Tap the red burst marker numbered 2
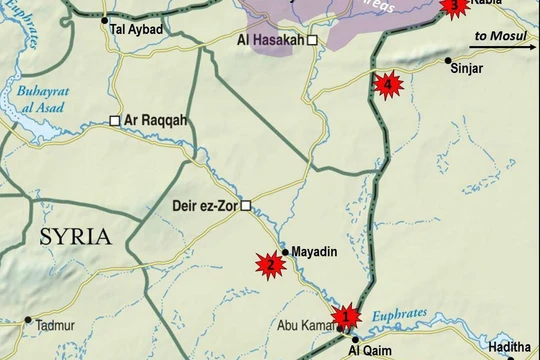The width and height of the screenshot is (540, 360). (268, 264)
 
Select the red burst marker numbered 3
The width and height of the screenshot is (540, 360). (455, 7)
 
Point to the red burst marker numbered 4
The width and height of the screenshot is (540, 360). (388, 85)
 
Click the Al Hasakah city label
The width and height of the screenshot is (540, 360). (270, 40)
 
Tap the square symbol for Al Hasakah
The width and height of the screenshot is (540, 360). (312, 40)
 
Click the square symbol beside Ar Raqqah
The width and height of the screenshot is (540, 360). (114, 121)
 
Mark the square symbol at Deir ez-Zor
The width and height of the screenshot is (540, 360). (245, 209)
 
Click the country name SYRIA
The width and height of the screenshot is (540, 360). (75, 237)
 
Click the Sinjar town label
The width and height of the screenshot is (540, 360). (466, 68)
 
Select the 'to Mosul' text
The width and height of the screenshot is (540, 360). (500, 35)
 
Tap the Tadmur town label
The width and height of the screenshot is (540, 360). (54, 326)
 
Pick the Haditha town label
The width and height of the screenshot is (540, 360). (509, 347)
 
